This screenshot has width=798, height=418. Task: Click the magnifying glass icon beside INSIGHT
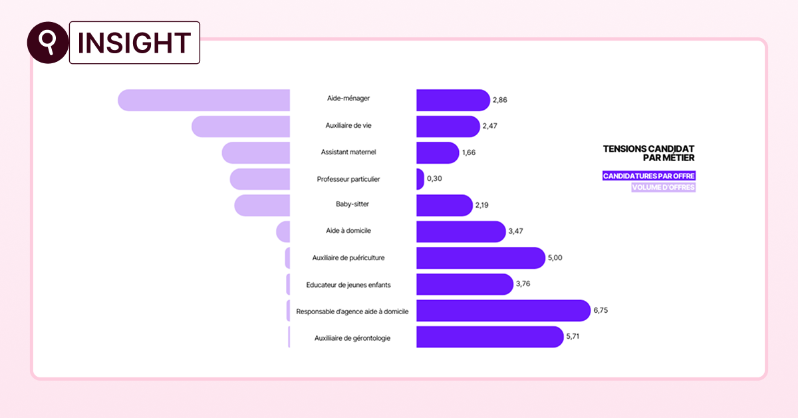pyautogui.click(x=47, y=42)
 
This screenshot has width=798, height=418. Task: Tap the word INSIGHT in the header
pyautogui.click(x=134, y=43)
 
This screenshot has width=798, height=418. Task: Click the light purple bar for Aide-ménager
pyautogui.click(x=204, y=100)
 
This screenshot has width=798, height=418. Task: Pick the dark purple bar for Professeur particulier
pyautogui.click(x=420, y=179)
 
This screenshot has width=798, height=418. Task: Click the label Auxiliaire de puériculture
pyautogui.click(x=348, y=258)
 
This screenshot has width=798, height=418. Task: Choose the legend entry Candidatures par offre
pyautogui.click(x=649, y=176)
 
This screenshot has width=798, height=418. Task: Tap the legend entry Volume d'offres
pyautogui.click(x=663, y=188)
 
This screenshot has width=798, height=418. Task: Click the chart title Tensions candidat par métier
pyautogui.click(x=648, y=153)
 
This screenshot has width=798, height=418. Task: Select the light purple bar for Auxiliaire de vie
pyautogui.click(x=241, y=126)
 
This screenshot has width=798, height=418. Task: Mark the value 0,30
pyautogui.click(x=435, y=179)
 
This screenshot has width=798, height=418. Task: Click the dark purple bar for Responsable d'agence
pyautogui.click(x=503, y=311)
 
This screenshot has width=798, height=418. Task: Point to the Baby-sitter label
pyautogui.click(x=352, y=205)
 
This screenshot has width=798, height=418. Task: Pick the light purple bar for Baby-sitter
pyautogui.click(x=262, y=205)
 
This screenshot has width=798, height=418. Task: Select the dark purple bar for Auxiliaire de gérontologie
pyautogui.click(x=489, y=337)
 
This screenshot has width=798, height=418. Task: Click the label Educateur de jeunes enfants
pyautogui.click(x=348, y=285)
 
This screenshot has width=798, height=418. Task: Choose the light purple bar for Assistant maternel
pyautogui.click(x=256, y=152)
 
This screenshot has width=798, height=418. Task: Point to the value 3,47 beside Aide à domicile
pyautogui.click(x=517, y=232)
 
